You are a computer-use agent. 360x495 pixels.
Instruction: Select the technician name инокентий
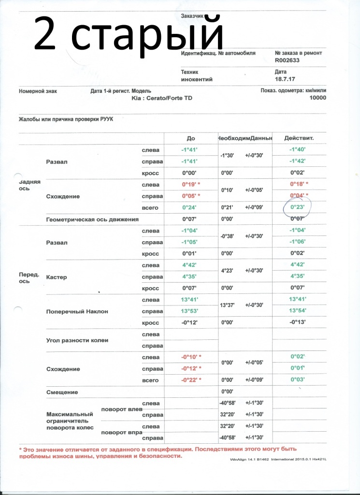[x=197, y=79]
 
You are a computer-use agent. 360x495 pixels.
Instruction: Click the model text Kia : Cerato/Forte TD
[x=161, y=98]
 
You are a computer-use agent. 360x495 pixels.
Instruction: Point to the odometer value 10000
[x=317, y=98]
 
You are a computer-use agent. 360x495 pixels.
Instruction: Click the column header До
[x=190, y=138]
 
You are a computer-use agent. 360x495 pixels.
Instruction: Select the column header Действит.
[x=299, y=138]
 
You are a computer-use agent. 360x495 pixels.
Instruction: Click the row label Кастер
[x=56, y=277]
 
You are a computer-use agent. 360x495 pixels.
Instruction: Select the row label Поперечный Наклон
[x=77, y=312]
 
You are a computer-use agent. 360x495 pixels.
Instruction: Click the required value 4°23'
[x=228, y=271]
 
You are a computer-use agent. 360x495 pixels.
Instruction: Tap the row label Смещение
[x=61, y=392]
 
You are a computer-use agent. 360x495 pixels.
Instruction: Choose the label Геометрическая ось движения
[x=92, y=219]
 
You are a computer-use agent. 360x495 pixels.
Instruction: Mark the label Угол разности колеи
[x=77, y=340]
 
